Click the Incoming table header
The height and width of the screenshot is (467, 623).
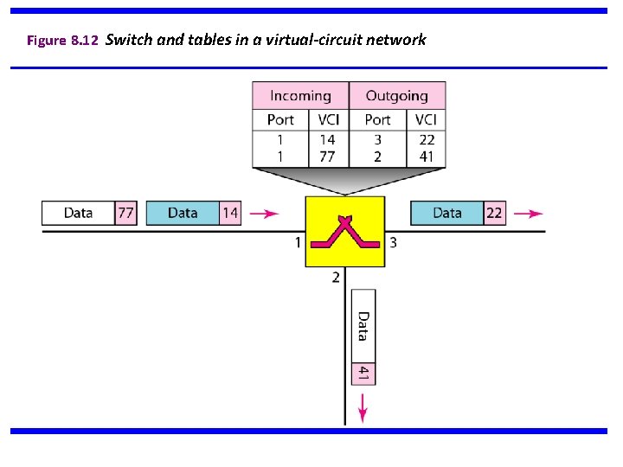coord(300,96)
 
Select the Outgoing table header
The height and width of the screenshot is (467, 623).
coord(396,96)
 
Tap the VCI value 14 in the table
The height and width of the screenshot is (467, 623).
coord(328,139)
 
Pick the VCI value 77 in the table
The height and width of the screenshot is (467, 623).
coord(328,157)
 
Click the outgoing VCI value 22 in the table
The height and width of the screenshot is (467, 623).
coord(426,139)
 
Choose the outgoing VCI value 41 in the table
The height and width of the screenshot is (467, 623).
coord(426,157)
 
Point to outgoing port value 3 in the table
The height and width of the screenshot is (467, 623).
coord(377,139)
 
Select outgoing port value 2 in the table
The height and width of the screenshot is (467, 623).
coord(377,157)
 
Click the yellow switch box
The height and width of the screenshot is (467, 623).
coord(344,232)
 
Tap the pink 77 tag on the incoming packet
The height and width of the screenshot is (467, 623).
coord(126,213)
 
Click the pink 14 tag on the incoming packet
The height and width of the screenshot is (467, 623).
coord(229,213)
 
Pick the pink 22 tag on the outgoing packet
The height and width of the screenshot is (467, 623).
coord(493,213)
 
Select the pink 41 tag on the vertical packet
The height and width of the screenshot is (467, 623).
coord(363,373)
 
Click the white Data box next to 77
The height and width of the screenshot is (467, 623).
coord(79,213)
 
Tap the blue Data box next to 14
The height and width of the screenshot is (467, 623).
coord(183,213)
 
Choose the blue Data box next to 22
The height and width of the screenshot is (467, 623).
coord(446,213)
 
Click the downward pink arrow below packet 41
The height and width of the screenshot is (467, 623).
coord(363,407)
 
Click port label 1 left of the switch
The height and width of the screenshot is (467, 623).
coord(298,243)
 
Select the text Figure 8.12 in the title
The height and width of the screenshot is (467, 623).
coord(61,41)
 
